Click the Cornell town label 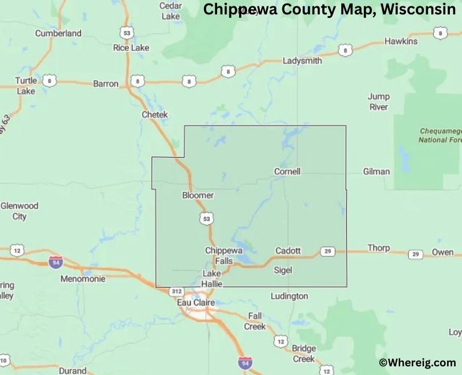click(287, 171)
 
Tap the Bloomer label click(198, 195)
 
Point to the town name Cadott click(288, 250)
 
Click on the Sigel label click(282, 270)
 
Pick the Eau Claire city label click(195, 302)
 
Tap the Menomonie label click(83, 279)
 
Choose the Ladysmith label click(302, 61)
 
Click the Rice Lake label click(131, 48)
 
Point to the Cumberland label click(58, 33)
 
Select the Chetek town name click(155, 115)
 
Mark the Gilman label click(377, 171)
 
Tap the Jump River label click(379, 102)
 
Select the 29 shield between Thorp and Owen click(415, 254)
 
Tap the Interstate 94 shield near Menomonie click(55, 261)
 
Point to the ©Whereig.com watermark click(418, 362)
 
